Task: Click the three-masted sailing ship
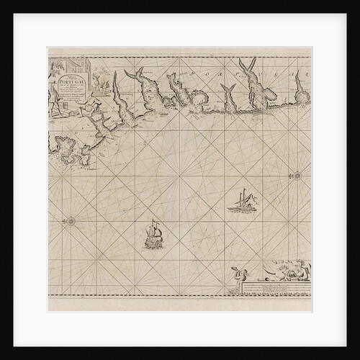pyautogui.click(x=154, y=234)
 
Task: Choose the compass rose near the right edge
pyautogui.click(x=296, y=174)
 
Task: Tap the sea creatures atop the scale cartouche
pyautogui.click(x=284, y=272)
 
